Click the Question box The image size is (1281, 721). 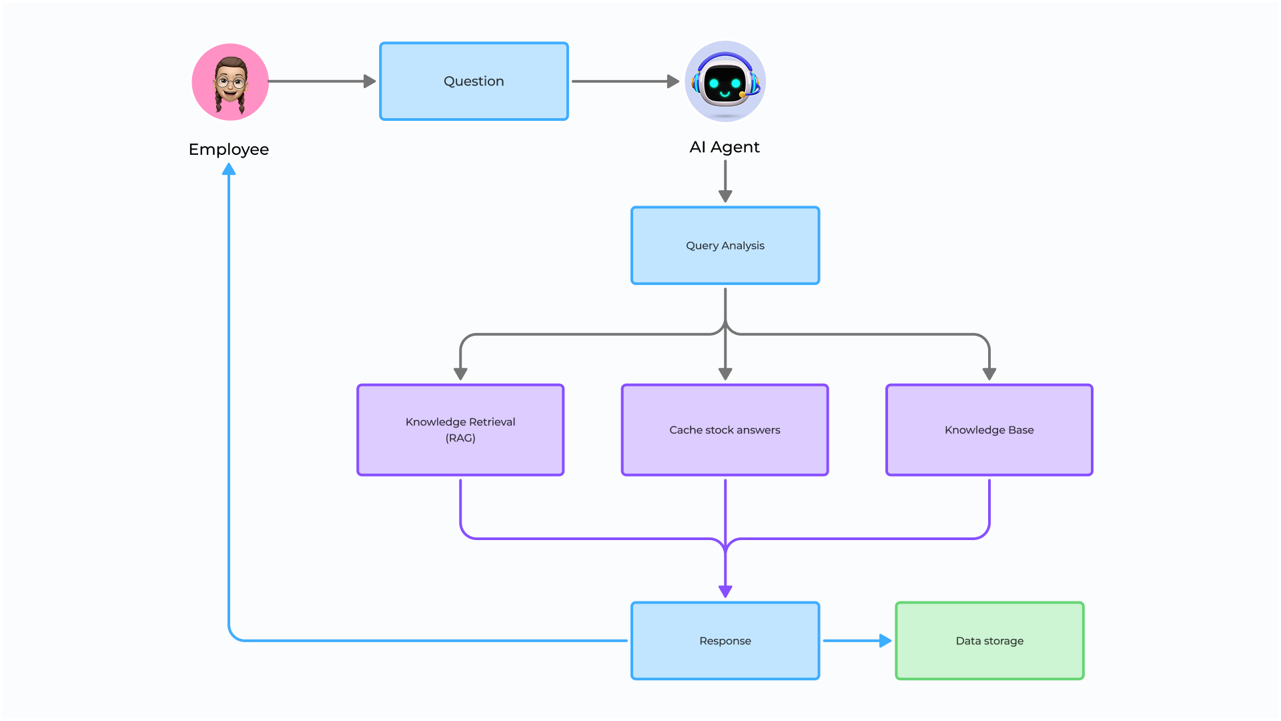[474, 81]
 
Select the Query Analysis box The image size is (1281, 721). [725, 246]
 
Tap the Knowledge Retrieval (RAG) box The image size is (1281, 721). [460, 430]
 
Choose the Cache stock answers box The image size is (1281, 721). [725, 430]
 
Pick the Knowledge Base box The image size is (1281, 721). [989, 430]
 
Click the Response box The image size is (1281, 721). [725, 641]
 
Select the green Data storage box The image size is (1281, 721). [989, 641]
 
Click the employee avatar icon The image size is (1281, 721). [230, 82]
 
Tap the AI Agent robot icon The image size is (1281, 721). [725, 81]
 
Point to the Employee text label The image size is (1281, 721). [229, 150]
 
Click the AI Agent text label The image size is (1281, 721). [725, 147]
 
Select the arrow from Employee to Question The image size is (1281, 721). [320, 81]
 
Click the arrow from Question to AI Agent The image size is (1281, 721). [624, 81]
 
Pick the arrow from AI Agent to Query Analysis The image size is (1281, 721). [725, 180]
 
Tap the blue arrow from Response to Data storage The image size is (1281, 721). [856, 641]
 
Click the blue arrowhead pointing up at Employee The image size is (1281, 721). [229, 170]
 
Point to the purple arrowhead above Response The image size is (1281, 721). [725, 591]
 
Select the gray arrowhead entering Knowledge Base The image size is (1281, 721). [989, 374]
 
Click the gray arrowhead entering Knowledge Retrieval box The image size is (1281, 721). [460, 374]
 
